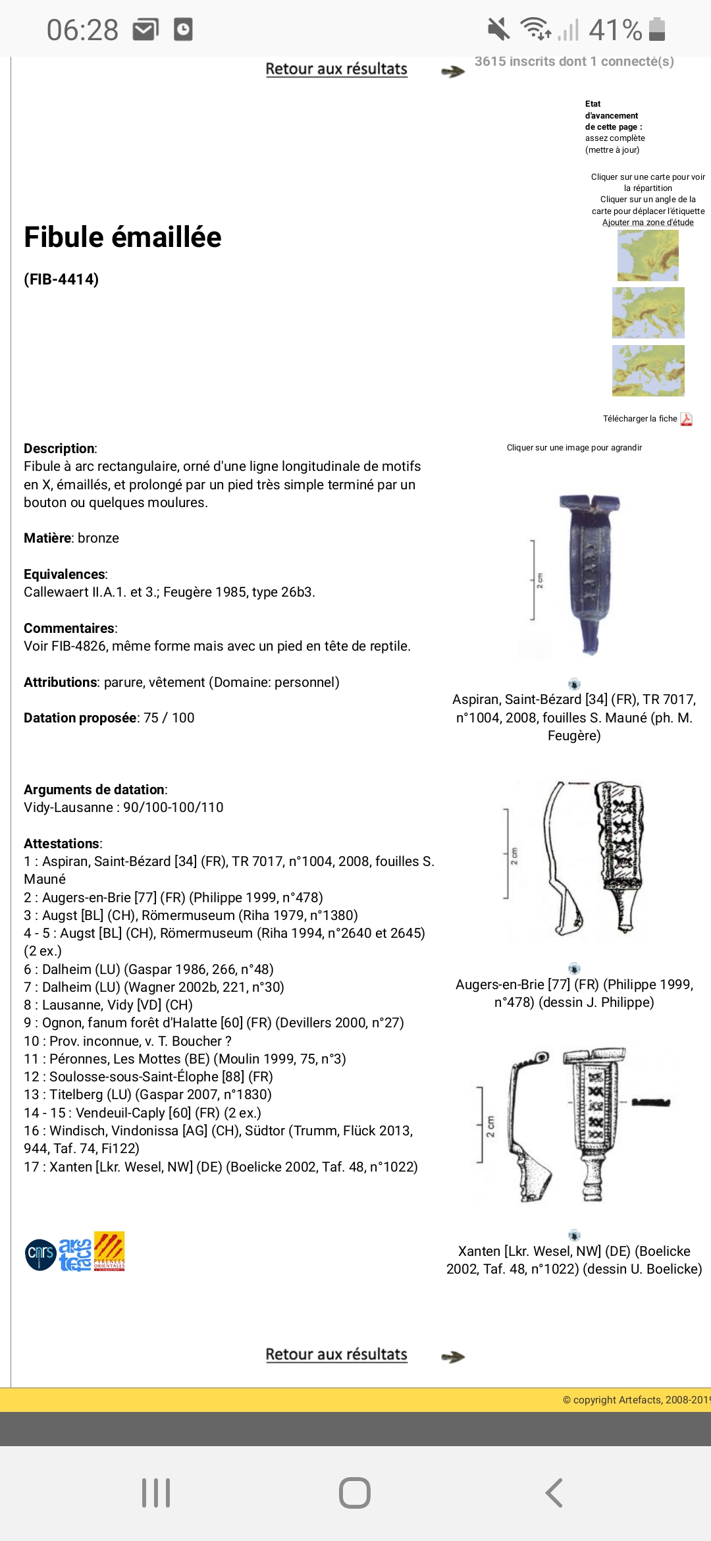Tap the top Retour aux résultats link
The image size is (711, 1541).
(x=336, y=69)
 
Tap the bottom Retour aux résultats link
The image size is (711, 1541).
(x=336, y=1355)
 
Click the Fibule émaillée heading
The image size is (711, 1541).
(x=122, y=237)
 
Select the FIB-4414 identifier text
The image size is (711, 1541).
(x=61, y=279)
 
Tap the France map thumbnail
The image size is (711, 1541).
(x=648, y=256)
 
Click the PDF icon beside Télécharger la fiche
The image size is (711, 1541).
(x=686, y=419)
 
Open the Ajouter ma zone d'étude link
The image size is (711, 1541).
(x=648, y=223)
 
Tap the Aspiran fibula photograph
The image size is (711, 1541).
(x=573, y=574)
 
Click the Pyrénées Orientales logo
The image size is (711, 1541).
(x=109, y=1251)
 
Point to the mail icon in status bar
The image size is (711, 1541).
(x=146, y=30)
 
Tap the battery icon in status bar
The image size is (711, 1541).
(x=657, y=30)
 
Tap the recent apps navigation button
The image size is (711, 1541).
(x=156, y=1493)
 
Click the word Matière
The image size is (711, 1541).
(x=47, y=538)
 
